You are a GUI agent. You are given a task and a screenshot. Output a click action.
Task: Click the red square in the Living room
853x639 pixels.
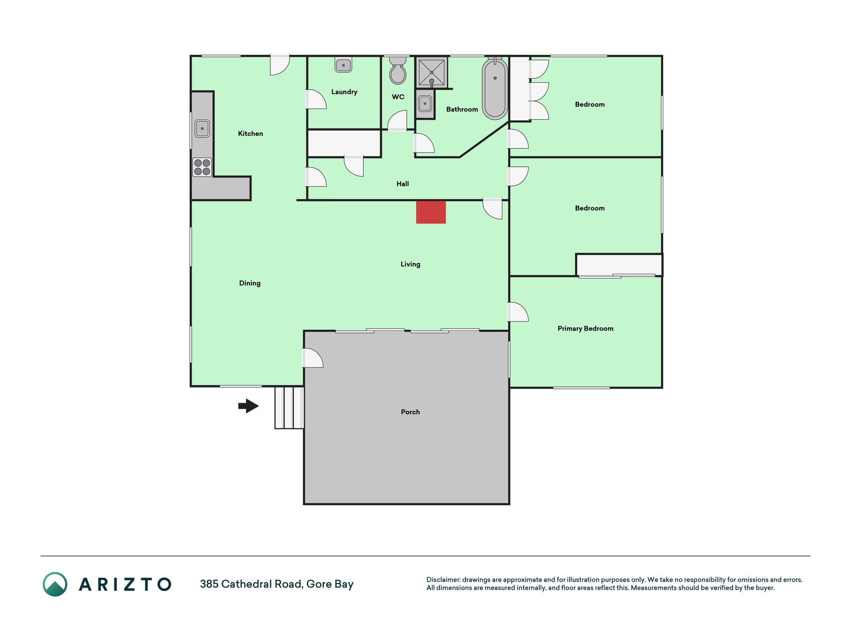431,212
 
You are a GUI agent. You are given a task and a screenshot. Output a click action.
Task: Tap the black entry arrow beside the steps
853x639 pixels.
248,406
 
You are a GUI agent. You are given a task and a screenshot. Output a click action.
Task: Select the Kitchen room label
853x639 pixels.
250,133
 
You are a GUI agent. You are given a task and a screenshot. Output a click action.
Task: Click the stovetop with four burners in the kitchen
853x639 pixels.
202,167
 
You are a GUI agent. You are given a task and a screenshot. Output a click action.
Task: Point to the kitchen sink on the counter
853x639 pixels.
202,128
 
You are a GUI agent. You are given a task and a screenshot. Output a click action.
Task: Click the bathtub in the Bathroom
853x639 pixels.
495,89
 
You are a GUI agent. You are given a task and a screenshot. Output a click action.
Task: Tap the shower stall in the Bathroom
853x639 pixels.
432,73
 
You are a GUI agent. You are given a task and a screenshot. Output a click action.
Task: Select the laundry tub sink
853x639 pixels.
343,65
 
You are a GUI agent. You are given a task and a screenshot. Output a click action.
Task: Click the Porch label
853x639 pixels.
410,412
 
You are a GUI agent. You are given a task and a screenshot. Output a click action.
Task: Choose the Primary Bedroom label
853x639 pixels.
585,328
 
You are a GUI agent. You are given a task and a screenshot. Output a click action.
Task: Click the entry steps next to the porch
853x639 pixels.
289,407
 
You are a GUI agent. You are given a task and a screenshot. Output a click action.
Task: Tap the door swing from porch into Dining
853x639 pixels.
313,358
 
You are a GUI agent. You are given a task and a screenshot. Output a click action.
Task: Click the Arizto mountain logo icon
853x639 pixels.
55,584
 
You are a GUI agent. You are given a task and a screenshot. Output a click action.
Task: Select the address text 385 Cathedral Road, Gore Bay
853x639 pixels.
277,584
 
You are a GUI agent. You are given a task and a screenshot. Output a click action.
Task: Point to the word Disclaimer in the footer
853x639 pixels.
443,580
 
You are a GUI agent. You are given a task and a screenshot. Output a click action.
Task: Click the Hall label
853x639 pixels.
403,184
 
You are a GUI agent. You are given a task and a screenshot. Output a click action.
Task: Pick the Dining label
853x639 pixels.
250,283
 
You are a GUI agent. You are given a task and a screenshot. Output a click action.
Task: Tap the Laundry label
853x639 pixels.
344,92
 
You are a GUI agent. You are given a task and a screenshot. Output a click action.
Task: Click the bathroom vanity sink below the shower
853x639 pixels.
425,104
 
